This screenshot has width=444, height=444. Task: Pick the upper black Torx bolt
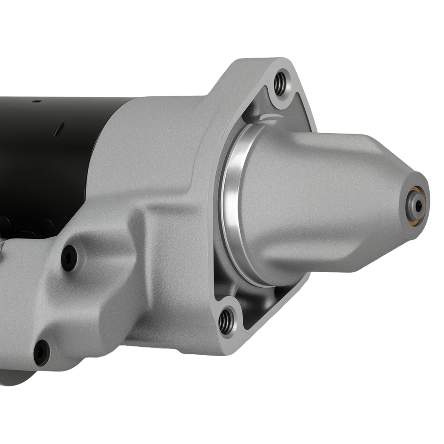[x=69, y=258]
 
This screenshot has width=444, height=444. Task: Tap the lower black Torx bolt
[x=41, y=352]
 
